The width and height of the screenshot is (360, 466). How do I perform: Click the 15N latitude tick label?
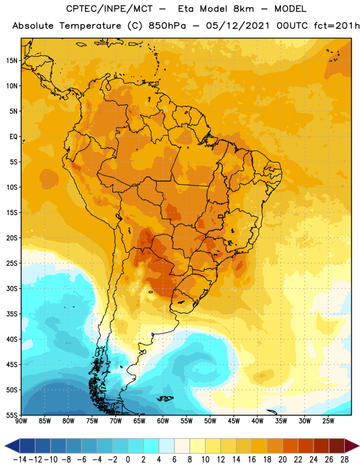click(x=12, y=61)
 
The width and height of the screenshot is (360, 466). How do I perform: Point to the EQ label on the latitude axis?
click(x=13, y=137)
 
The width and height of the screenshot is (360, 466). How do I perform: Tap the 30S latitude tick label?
click(x=12, y=288)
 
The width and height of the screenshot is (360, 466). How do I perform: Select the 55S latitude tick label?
click(x=12, y=415)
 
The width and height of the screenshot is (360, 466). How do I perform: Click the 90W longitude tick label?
click(x=21, y=421)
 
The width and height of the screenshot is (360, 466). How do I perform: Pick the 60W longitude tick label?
click(x=163, y=421)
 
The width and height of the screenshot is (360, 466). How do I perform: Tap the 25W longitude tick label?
click(x=328, y=421)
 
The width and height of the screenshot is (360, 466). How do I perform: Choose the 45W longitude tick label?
click(x=234, y=421)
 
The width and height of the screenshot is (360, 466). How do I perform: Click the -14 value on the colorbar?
click(x=20, y=460)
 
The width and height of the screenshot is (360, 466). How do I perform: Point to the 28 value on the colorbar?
click(x=344, y=460)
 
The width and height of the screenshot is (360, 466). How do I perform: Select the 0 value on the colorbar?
click(x=128, y=460)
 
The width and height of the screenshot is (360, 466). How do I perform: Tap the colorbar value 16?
click(x=252, y=460)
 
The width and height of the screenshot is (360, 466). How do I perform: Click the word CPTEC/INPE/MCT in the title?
click(x=109, y=9)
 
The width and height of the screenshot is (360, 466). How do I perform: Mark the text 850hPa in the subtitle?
click(x=167, y=26)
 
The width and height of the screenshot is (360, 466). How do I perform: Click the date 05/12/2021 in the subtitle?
click(x=238, y=26)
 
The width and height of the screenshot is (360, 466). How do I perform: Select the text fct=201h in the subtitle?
click(x=337, y=26)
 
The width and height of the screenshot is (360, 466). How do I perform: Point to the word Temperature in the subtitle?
click(x=90, y=26)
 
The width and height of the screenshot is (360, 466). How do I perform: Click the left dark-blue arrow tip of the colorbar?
click(x=5, y=446)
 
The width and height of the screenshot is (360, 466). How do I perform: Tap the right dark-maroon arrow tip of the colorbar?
click(x=359, y=446)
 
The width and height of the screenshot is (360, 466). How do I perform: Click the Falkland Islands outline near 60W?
click(x=165, y=398)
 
